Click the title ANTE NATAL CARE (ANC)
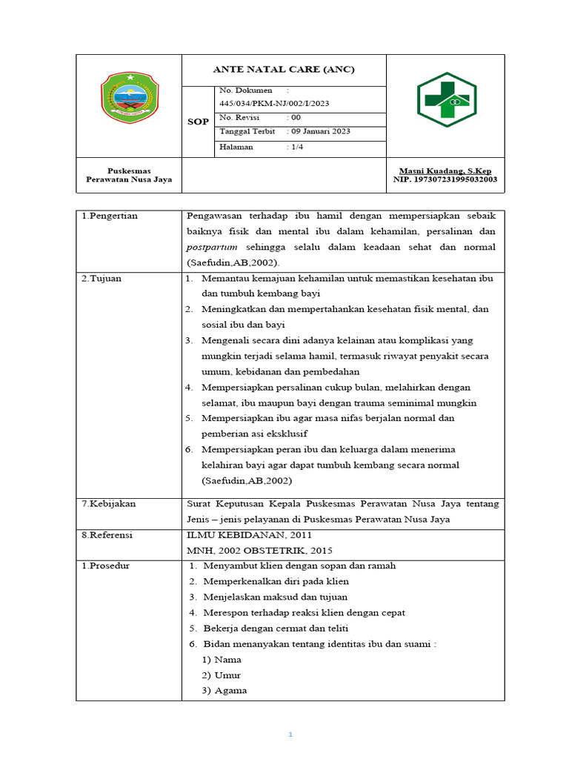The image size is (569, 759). pos(284,70)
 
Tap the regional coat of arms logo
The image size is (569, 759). pos(129,98)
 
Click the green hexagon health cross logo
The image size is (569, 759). pos(445,99)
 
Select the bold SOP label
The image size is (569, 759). pos(198,122)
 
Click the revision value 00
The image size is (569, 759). pos(296,117)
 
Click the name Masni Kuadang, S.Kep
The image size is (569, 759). pos(445,170)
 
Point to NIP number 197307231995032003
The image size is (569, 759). pos(445,179)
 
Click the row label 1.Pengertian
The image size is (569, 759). pos(110,216)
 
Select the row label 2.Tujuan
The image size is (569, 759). pos(102,278)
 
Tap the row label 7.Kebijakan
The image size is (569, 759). pos(108,503)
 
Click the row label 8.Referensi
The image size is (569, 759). pos(108,534)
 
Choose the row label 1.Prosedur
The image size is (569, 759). pos(105,566)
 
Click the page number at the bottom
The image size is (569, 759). pos(291,735)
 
